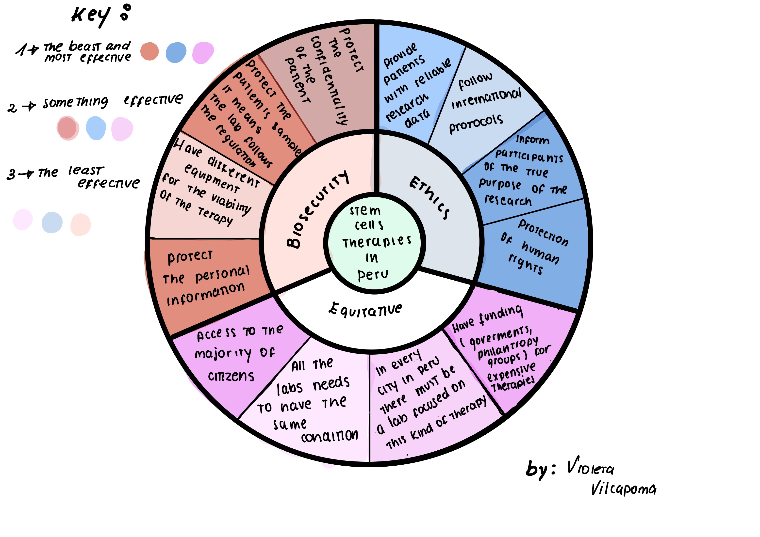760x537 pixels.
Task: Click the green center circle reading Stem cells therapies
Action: click(x=374, y=243)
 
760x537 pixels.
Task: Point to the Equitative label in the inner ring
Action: click(x=365, y=309)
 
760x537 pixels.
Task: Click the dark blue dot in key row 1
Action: click(x=176, y=52)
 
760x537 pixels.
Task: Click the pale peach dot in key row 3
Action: click(x=81, y=225)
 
